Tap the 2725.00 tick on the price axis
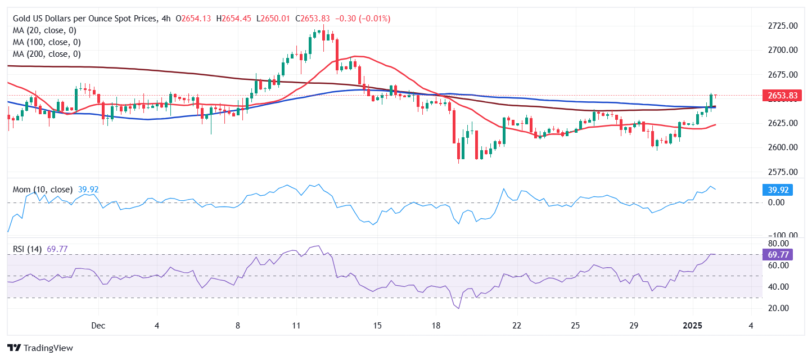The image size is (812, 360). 783,26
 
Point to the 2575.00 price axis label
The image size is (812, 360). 783,172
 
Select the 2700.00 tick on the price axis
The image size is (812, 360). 783,50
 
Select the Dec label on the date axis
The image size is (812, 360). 98,326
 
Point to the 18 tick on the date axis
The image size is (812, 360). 436,326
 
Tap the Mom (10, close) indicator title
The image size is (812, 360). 43,190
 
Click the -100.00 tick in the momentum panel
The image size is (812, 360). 782,235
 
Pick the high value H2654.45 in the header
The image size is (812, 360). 236,19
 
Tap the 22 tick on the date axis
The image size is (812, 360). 517,326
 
